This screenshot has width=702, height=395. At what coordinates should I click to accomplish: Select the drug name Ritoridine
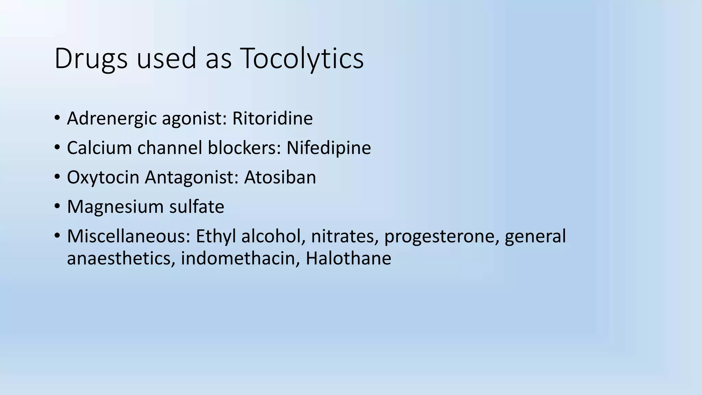coord(273,118)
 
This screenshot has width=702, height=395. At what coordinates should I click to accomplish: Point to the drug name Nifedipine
coord(328,148)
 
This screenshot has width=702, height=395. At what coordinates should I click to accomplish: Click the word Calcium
coord(99,148)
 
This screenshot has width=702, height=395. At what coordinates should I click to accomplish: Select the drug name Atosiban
coord(280,177)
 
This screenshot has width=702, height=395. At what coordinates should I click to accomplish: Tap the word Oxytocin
coord(103,177)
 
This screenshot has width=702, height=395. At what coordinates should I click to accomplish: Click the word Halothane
coord(348,258)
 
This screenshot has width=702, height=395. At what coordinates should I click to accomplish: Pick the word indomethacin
coord(240,258)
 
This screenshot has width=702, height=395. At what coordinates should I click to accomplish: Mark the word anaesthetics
coord(119,258)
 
